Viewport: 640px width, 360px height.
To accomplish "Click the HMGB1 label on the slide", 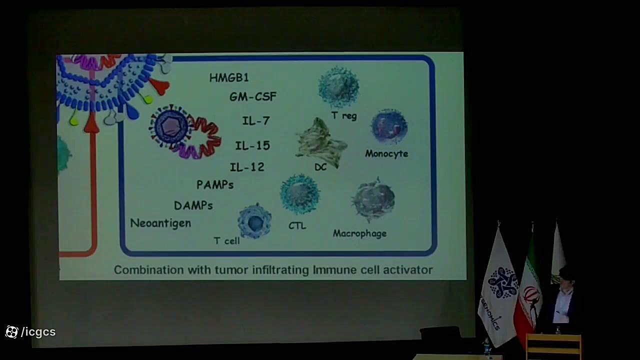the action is click(x=229, y=77).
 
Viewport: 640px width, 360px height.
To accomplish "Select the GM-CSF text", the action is click(x=253, y=97).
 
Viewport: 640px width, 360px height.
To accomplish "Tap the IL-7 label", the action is click(x=256, y=120).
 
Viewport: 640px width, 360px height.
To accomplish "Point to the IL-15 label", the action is click(x=252, y=145).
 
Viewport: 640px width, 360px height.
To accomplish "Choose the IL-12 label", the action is click(x=247, y=167).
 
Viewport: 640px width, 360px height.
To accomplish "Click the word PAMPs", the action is click(x=215, y=185).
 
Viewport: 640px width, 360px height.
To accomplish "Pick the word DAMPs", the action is click(x=193, y=205).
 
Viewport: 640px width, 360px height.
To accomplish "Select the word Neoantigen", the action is click(x=160, y=223).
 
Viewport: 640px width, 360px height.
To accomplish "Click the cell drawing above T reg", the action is click(x=339, y=87).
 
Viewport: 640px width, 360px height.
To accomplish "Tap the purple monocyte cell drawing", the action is click(x=389, y=126).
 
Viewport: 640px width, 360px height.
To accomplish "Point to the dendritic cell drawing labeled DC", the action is click(x=321, y=142).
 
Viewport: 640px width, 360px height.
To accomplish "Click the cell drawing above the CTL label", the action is click(x=299, y=194).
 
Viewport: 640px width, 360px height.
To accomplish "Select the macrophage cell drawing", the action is click(x=373, y=199).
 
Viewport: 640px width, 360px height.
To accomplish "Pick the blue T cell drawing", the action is click(x=254, y=221).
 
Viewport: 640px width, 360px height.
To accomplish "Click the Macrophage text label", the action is click(x=359, y=233).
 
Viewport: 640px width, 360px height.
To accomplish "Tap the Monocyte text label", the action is click(x=386, y=153).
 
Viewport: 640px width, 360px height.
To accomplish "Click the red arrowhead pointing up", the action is click(x=92, y=123).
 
